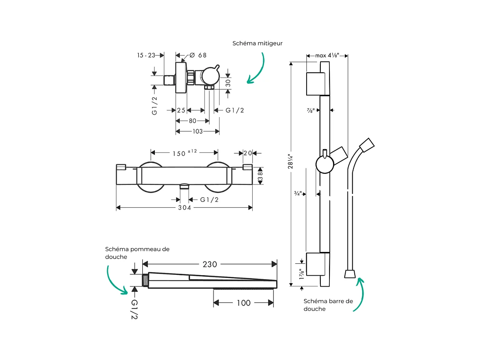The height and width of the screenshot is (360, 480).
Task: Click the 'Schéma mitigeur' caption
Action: (257, 43)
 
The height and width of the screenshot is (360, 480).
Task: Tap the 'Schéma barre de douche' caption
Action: (328, 305)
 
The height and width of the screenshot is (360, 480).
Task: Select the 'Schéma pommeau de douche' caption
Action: (137, 253)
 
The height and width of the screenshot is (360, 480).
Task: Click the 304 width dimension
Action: (184, 208)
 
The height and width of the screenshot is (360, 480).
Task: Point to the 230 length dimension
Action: (210, 264)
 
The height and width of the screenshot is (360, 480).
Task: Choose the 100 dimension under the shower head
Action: (244, 303)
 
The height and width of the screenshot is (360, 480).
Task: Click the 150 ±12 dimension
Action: (184, 153)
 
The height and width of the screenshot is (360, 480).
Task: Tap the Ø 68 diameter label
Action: (198, 55)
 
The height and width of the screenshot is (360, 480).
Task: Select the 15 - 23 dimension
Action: (146, 56)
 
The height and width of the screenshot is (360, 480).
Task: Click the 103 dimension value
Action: (197, 131)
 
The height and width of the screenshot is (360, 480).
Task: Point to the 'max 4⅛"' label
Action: (327, 56)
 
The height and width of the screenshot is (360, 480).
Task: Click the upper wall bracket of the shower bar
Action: (315, 84)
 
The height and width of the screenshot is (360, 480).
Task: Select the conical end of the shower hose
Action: (349, 274)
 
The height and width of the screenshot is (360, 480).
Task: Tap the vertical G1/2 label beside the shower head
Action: (134, 309)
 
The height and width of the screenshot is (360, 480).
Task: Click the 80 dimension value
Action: (192, 121)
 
